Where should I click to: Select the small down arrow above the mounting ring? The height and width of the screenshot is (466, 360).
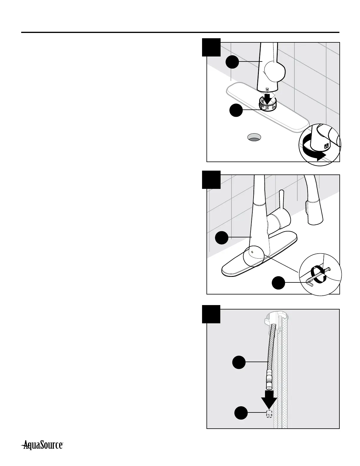(268, 97)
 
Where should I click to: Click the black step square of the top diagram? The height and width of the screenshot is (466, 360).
(211, 47)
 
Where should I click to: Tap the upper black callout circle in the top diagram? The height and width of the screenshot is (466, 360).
(232, 61)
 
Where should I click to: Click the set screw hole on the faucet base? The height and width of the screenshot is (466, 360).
(252, 252)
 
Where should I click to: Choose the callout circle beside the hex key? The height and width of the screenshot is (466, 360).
(278, 283)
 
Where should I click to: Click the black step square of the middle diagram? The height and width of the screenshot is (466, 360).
(211, 179)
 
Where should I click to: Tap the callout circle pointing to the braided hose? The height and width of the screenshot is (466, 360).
(239, 362)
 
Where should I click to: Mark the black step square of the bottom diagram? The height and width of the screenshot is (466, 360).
(211, 314)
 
